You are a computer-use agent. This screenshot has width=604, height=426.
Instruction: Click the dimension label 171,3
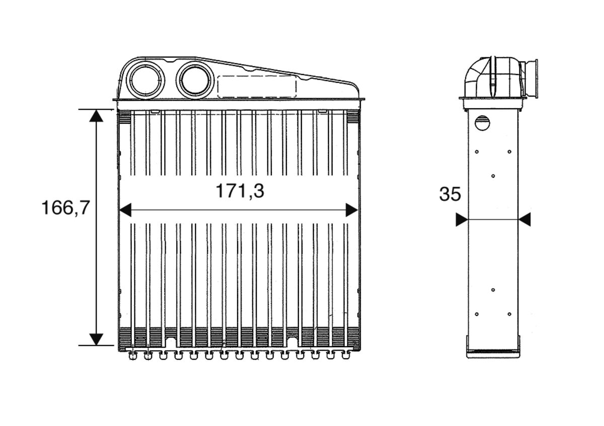coord(240,191)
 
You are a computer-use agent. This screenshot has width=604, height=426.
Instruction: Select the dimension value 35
coord(450,194)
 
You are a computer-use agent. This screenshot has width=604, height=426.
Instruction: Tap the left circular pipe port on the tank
coord(146,79)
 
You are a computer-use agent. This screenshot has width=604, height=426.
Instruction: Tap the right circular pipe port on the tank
coord(195,79)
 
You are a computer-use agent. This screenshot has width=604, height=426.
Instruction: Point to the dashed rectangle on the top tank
coord(256,86)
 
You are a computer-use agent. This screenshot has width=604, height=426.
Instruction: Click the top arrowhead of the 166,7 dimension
coord(96,116)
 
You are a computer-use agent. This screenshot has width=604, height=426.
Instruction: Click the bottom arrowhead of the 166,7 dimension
coord(96,339)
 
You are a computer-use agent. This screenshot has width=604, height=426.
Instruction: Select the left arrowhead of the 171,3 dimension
coord(124,210)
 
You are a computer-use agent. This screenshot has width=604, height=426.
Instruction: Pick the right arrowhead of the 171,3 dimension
coord(352,210)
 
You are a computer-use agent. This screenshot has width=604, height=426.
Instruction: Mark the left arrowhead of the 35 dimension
coord(461,220)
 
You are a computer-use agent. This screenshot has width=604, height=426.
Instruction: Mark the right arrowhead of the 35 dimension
coord(524,220)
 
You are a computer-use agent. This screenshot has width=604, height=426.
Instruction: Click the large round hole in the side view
coord(482,122)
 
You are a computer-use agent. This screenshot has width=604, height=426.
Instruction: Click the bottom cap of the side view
coord(493,353)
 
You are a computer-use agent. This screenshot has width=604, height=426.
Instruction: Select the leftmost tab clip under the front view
coord(133,356)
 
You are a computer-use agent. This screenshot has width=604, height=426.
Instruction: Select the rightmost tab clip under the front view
coord(346,356)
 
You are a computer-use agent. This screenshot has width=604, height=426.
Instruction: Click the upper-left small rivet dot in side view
coord(477,151)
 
